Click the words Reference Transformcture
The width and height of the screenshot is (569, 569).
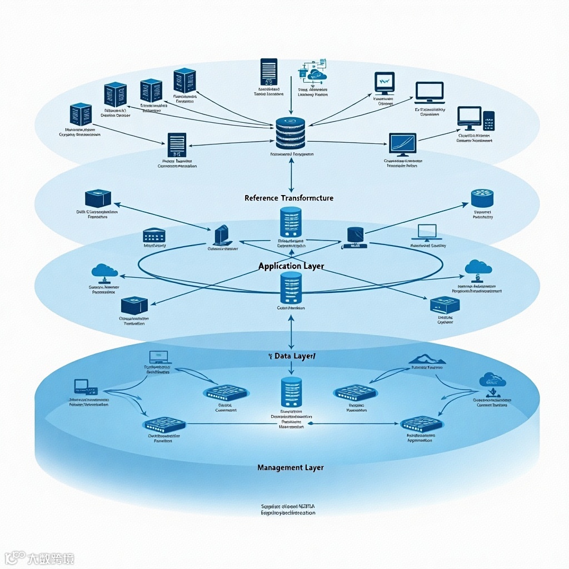[289, 198]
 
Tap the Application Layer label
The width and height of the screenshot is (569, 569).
[291, 266]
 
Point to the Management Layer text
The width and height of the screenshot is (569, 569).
[291, 467]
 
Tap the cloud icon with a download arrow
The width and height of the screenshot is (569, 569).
[492, 383]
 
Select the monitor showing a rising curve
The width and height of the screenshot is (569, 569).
[403, 143]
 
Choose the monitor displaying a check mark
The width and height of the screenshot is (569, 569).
[385, 83]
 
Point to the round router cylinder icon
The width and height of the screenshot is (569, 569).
[482, 198]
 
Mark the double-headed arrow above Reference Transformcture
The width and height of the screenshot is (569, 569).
[291, 173]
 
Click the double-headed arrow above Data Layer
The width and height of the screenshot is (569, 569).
[291, 332]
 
